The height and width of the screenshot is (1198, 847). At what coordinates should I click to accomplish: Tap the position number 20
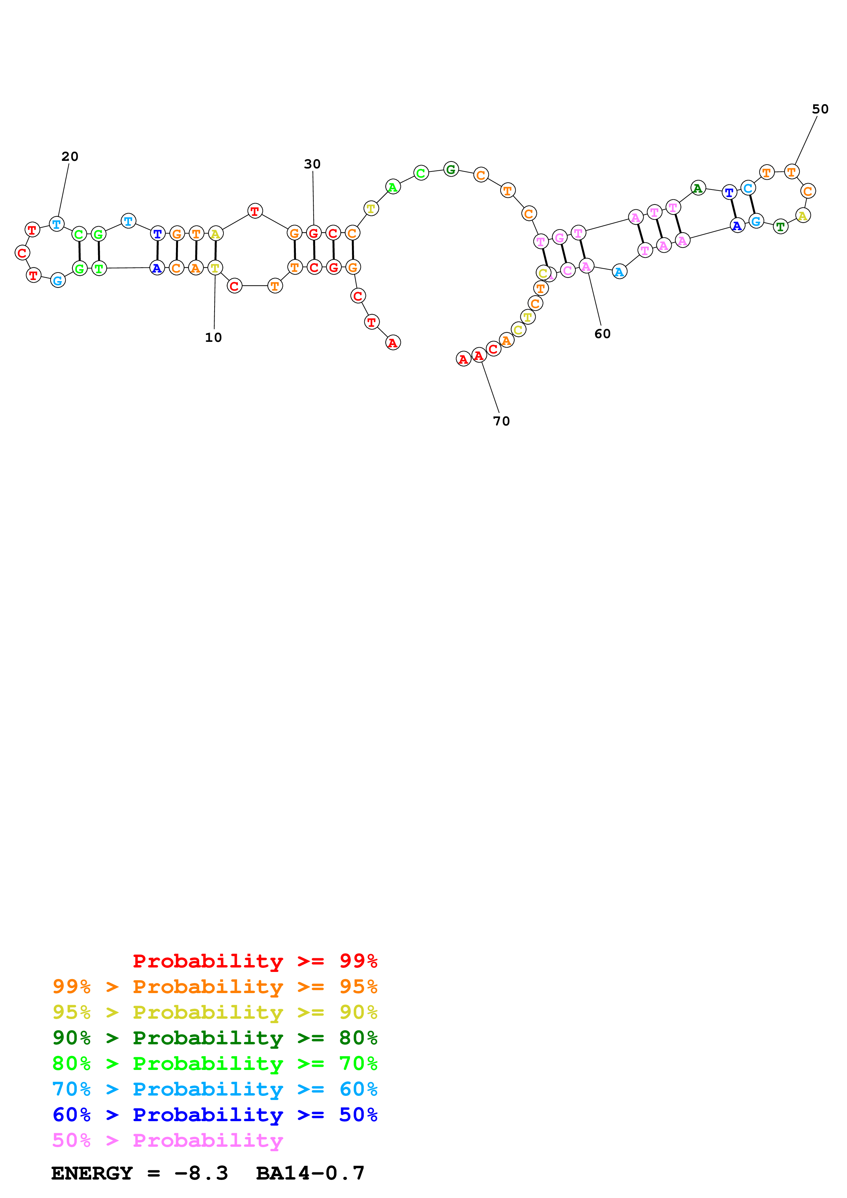click(x=70, y=156)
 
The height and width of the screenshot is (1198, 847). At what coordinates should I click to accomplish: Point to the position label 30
click(x=312, y=164)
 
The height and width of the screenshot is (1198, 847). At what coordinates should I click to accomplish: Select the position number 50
click(x=820, y=109)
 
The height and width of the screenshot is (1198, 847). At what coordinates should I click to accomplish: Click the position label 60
click(x=602, y=334)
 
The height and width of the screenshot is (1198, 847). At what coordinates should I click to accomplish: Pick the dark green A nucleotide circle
click(x=698, y=188)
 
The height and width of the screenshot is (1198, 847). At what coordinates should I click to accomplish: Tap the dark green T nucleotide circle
click(x=780, y=226)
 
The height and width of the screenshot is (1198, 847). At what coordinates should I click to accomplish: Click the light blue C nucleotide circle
click(x=748, y=188)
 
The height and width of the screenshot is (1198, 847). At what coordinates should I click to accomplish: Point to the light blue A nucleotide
click(x=619, y=272)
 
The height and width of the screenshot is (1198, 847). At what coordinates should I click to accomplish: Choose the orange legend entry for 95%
click(x=215, y=986)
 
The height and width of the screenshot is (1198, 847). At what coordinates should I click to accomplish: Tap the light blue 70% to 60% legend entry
click(x=215, y=1089)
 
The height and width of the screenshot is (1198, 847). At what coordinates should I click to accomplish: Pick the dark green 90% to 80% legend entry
click(x=215, y=1038)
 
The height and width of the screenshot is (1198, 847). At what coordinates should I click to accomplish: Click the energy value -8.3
click(x=202, y=1173)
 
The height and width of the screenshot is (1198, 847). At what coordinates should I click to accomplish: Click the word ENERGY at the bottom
click(x=92, y=1173)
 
